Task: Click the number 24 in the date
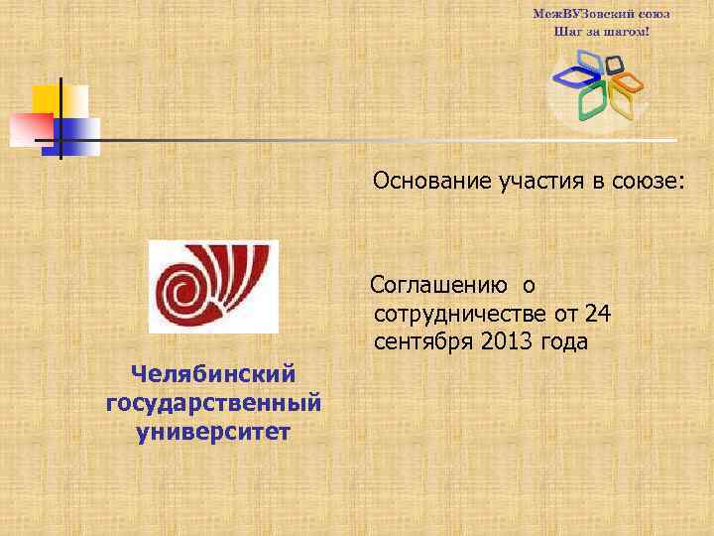tap(598, 315)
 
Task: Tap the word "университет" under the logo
tap(213, 433)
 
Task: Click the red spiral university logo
tap(212, 286)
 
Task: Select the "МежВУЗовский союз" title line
tap(601, 14)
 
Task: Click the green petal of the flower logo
tap(592, 99)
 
